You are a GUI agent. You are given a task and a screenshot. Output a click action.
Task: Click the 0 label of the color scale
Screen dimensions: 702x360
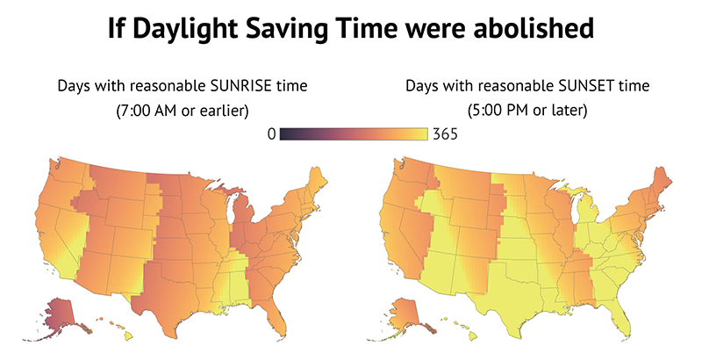pyautogui.click(x=271, y=133)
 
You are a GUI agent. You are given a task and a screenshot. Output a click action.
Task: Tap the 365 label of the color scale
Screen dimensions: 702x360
pyautogui.click(x=445, y=133)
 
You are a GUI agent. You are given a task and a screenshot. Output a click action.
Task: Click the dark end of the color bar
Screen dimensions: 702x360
pyautogui.click(x=283, y=133)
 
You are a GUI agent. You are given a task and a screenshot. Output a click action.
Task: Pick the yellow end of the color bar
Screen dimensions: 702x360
pyautogui.click(x=425, y=133)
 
